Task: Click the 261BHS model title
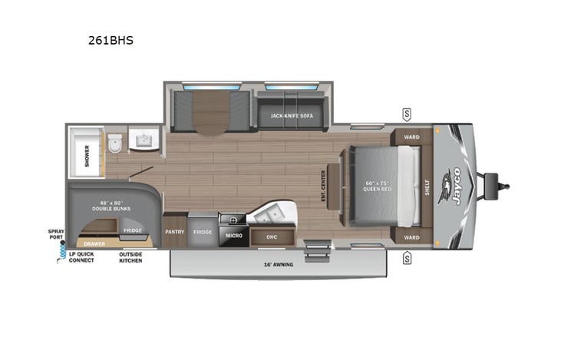pyautogui.click(x=111, y=41)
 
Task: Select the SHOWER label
pyautogui.click(x=87, y=156)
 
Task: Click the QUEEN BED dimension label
pyautogui.click(x=379, y=187)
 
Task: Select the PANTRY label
pyautogui.click(x=174, y=231)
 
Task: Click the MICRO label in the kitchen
pyautogui.click(x=234, y=236)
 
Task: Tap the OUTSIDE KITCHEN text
pyautogui.click(x=130, y=257)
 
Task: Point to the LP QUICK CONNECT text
pyautogui.click(x=81, y=257)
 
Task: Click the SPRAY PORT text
pyautogui.click(x=56, y=233)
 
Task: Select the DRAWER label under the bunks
pyautogui.click(x=94, y=243)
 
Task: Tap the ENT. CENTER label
pyautogui.click(x=323, y=186)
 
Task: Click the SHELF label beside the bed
pyautogui.click(x=428, y=186)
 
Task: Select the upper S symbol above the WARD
pyautogui.click(x=406, y=115)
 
